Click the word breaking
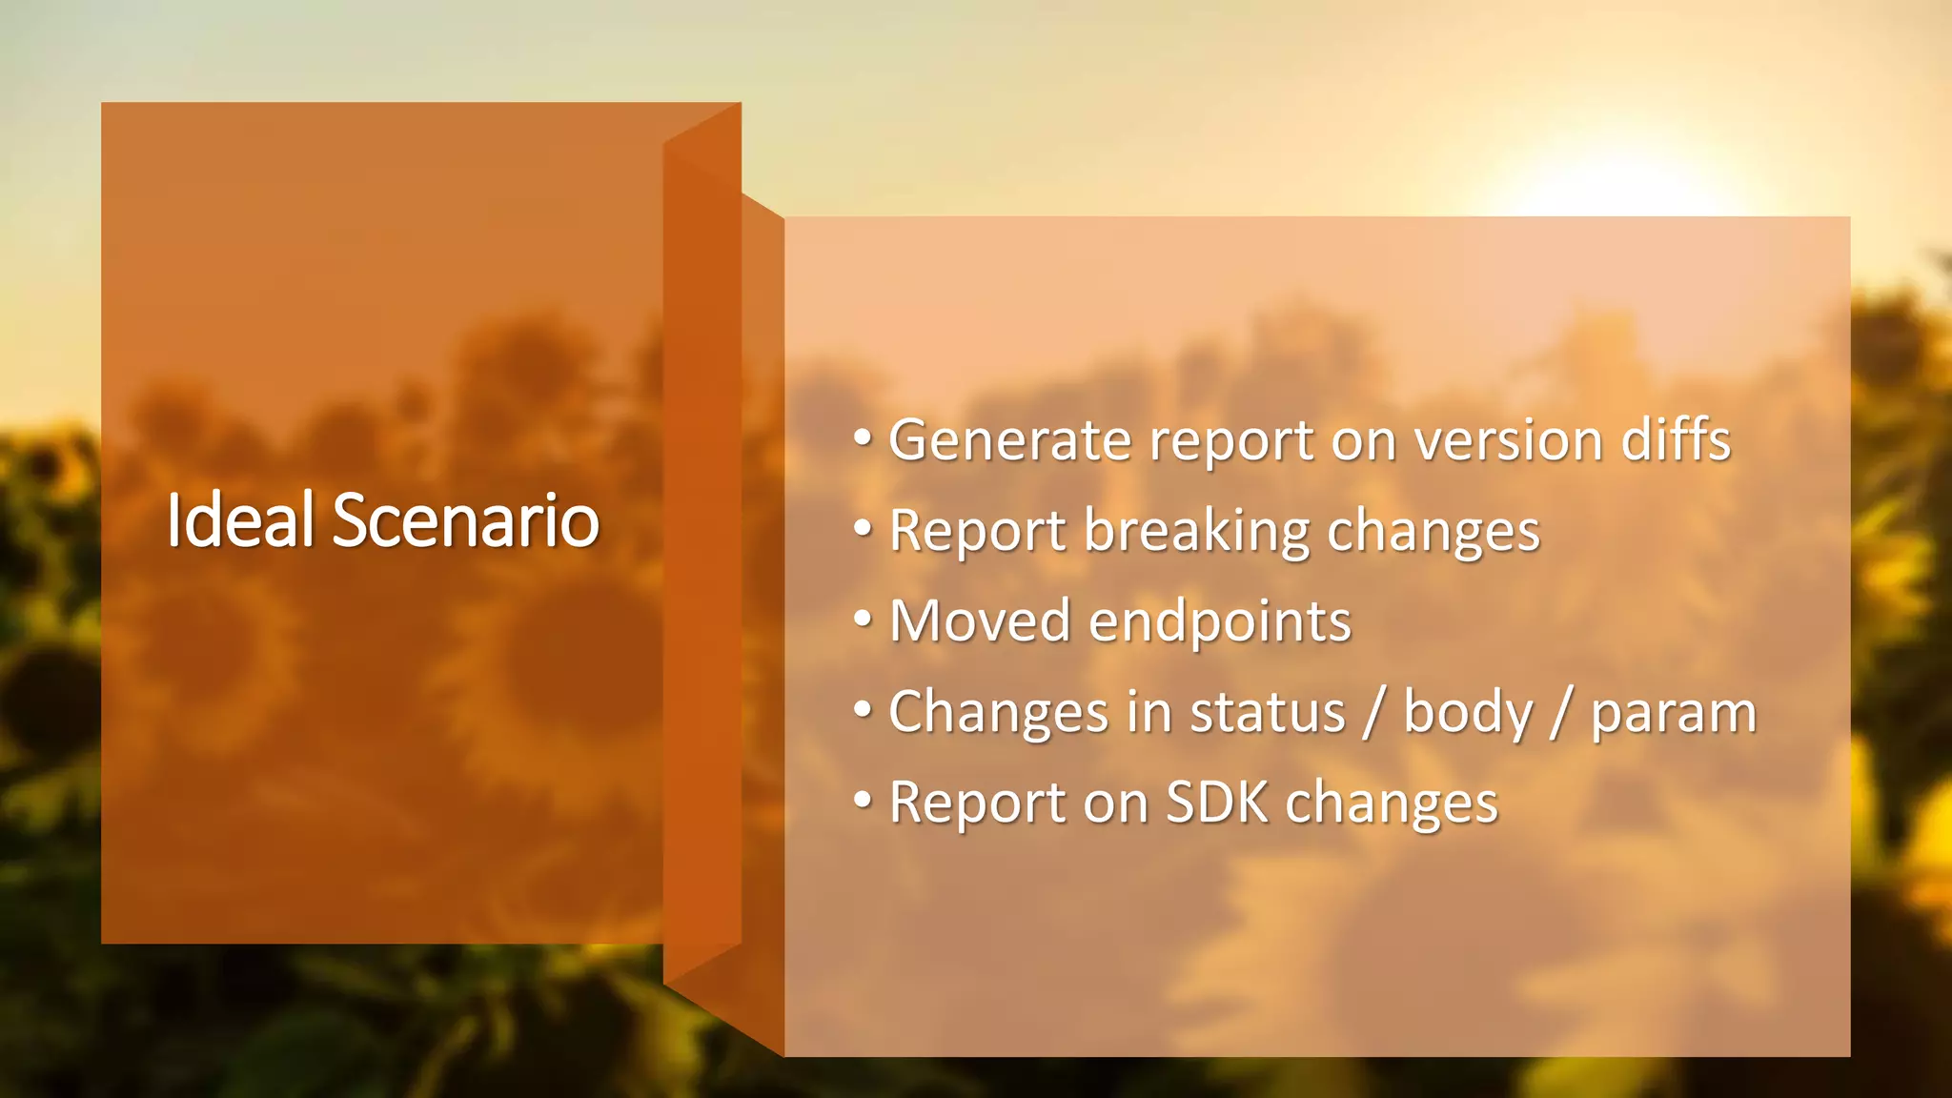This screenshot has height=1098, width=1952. [1197, 531]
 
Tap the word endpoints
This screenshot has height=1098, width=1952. [1219, 621]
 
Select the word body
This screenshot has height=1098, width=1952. [1468, 712]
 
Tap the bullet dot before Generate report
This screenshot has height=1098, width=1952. [863, 438]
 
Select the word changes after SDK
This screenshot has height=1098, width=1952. [1391, 803]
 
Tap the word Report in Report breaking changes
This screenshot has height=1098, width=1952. [977, 531]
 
